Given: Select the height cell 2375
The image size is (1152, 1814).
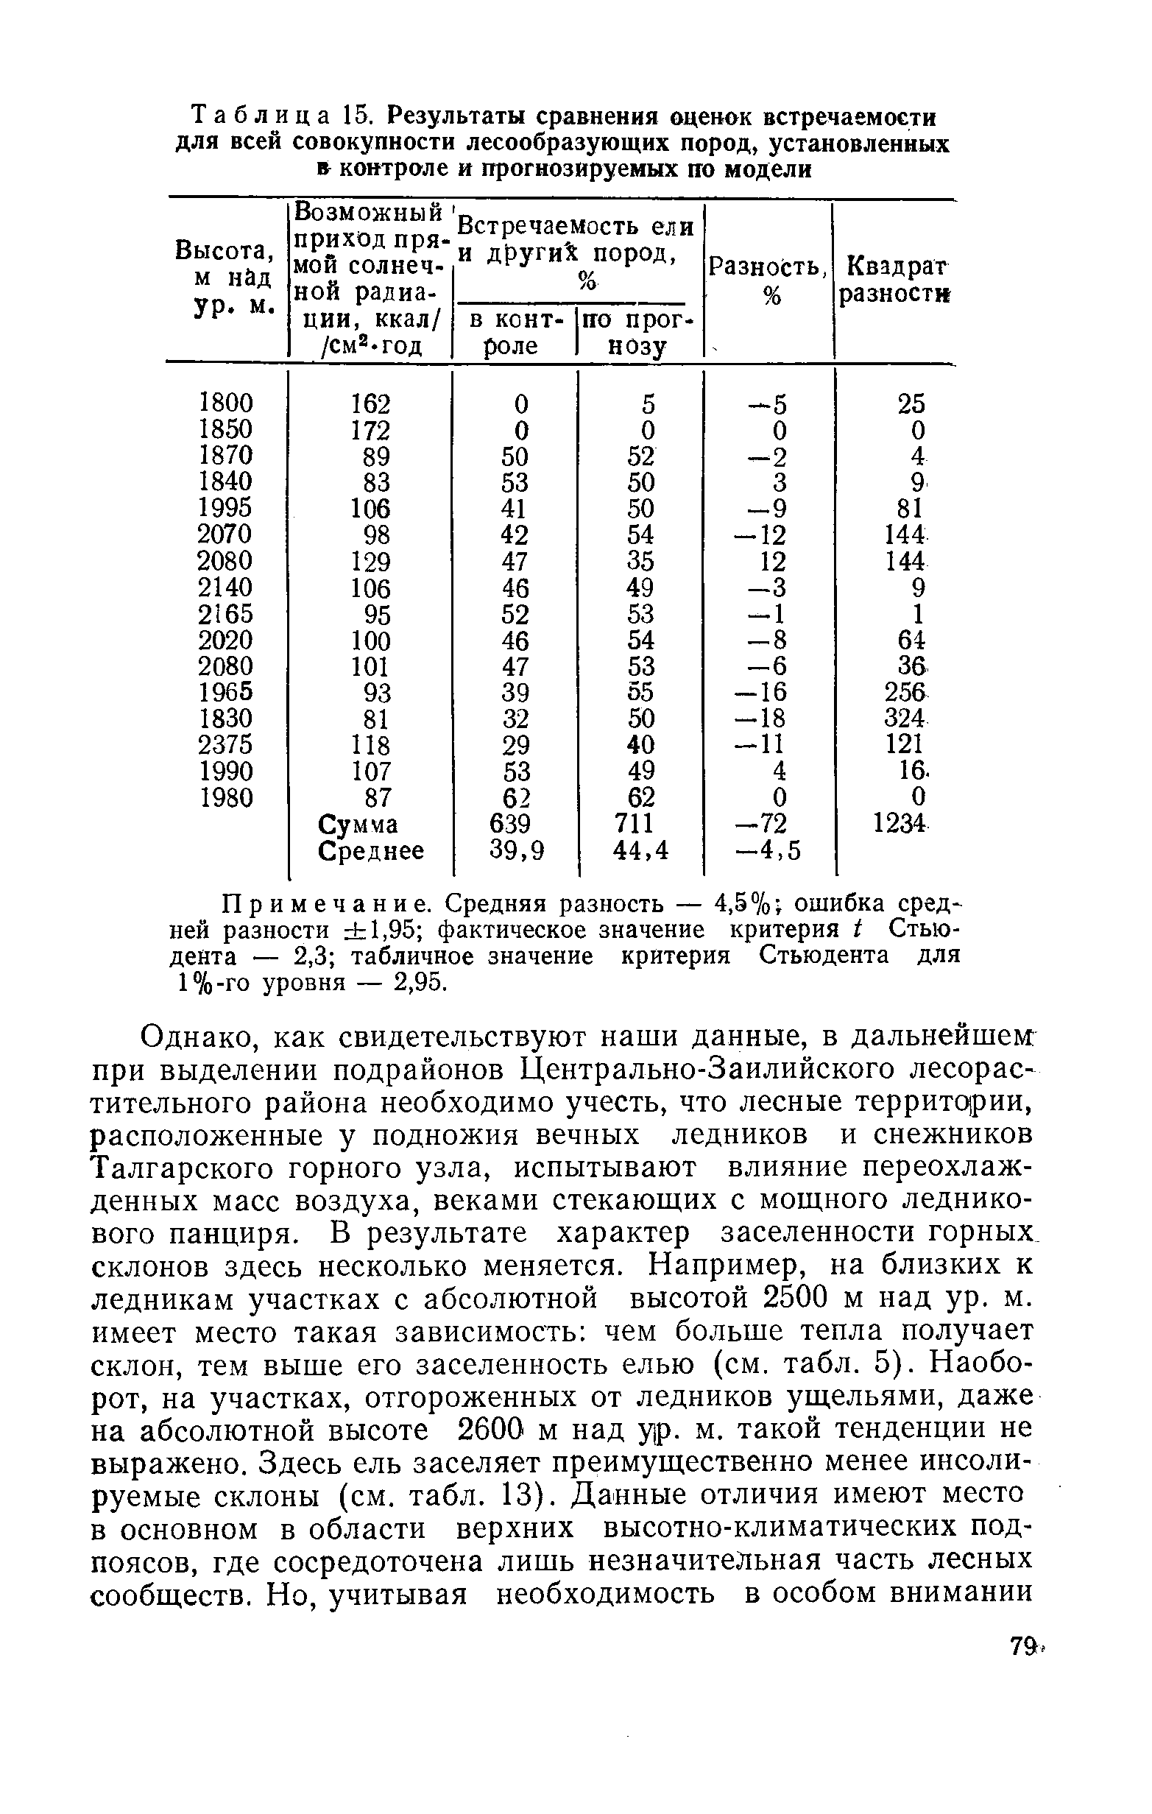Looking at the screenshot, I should (225, 744).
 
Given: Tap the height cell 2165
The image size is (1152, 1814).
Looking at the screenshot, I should (225, 613).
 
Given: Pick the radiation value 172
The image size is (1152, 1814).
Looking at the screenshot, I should (371, 430).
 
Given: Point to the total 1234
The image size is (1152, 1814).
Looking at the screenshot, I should (900, 823).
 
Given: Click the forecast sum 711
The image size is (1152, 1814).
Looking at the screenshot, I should (635, 823).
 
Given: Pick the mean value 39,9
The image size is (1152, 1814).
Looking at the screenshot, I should (516, 850).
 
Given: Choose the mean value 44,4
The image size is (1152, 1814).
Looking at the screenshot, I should (640, 850).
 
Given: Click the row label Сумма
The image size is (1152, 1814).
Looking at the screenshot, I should (358, 824).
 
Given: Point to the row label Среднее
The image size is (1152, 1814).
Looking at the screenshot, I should (371, 850).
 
